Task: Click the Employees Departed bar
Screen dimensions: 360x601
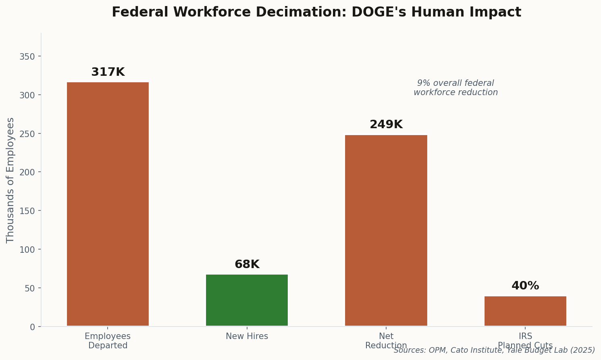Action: [x=108, y=204]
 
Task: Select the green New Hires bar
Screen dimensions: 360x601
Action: [x=247, y=300]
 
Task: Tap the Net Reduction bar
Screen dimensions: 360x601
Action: [x=386, y=230]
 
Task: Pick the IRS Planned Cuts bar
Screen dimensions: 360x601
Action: [x=525, y=311]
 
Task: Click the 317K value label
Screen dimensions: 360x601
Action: [x=108, y=72]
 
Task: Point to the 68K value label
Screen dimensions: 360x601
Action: [x=247, y=264]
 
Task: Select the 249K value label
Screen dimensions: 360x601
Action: [x=386, y=125]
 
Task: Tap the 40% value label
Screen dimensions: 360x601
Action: [x=525, y=286]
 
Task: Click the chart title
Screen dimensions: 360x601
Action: [x=316, y=12]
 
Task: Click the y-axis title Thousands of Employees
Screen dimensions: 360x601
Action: [x=10, y=180]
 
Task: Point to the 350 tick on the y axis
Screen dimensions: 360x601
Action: [x=27, y=56]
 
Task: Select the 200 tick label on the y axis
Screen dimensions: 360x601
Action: [x=27, y=172]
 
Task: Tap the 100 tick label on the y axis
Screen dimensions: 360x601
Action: [x=27, y=250]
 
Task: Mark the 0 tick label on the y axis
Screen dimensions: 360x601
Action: [x=32, y=327]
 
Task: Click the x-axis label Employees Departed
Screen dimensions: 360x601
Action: [x=108, y=341]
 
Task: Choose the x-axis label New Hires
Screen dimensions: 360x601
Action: [x=247, y=336]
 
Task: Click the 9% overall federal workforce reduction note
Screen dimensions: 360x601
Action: [x=455, y=88]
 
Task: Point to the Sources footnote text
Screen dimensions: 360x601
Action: [x=494, y=350]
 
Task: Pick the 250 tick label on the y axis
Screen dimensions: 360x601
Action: [x=27, y=133]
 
